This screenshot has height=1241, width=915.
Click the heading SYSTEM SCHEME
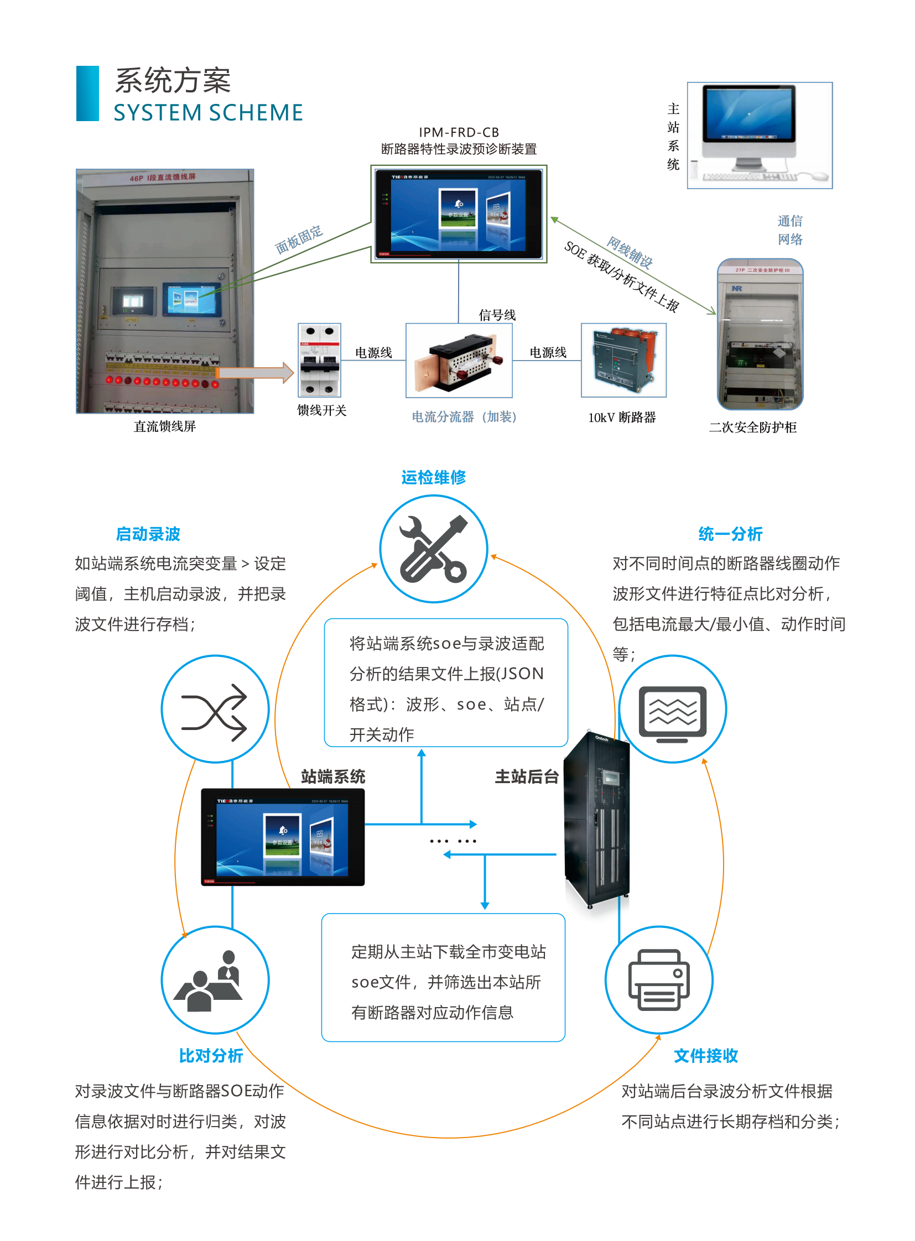point(208,112)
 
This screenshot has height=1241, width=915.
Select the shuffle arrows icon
point(215,710)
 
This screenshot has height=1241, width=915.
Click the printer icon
point(658,979)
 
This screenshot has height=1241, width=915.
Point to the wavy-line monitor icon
point(672,710)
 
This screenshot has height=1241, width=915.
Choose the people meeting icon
point(215,979)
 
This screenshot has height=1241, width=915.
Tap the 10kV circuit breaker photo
point(623,360)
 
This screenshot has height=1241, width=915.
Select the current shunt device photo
point(459,360)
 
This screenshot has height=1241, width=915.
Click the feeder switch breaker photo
point(319,360)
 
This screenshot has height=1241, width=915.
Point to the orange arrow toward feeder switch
point(255,372)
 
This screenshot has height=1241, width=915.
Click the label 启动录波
point(148,534)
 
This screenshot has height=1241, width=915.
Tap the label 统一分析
point(730,534)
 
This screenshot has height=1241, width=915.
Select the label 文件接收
point(706,1056)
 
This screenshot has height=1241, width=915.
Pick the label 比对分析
point(210,1056)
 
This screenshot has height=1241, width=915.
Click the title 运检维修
point(433,477)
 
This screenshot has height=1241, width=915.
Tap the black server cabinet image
point(597,820)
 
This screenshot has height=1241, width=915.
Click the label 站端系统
point(333,776)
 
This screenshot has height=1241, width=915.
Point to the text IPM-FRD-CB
point(459,132)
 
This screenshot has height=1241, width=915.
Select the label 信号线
point(497,315)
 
